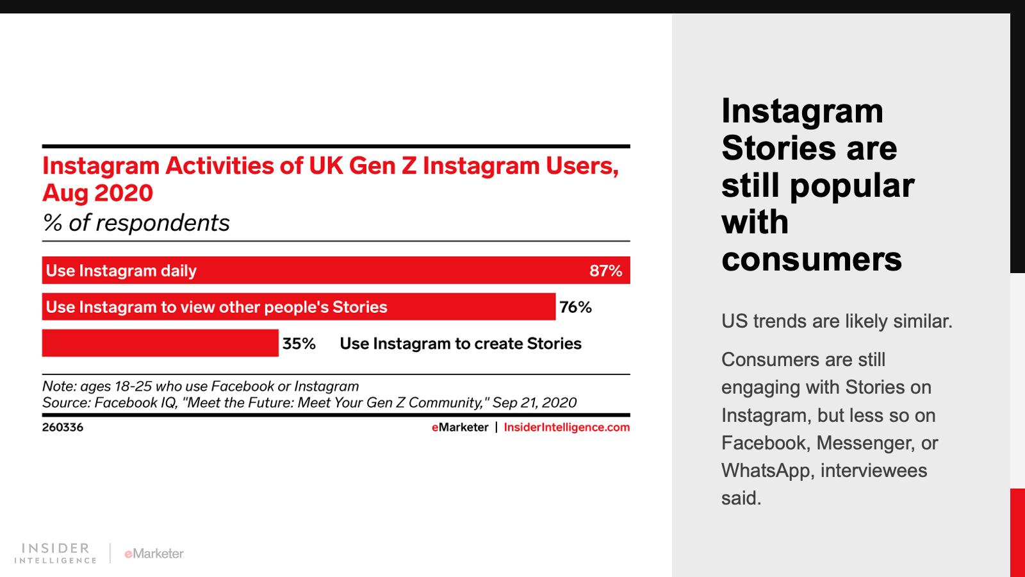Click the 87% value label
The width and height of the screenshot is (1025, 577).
tap(605, 271)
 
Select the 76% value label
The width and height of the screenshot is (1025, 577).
tap(575, 307)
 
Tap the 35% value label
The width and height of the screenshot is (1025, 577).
tap(299, 344)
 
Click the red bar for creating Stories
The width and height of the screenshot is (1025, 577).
tap(160, 343)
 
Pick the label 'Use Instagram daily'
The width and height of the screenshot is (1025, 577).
tap(121, 271)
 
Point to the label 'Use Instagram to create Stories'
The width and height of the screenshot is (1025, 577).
tap(460, 344)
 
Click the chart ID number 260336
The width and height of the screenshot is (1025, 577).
tap(63, 427)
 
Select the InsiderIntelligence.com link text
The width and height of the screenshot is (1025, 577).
tap(566, 427)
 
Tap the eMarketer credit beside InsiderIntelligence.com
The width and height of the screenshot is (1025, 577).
tap(460, 427)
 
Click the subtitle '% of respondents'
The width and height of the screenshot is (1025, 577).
tap(136, 222)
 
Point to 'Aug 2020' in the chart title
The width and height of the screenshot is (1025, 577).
tap(98, 193)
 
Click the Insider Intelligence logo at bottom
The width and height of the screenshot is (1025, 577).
tap(56, 553)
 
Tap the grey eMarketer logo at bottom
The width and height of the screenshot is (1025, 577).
tap(154, 553)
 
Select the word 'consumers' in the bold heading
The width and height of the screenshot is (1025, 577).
tap(811, 259)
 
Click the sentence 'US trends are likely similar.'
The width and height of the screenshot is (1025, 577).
tap(837, 321)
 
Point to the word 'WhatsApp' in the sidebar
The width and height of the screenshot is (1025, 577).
tap(767, 471)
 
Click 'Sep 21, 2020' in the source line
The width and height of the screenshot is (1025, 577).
tap(534, 403)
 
